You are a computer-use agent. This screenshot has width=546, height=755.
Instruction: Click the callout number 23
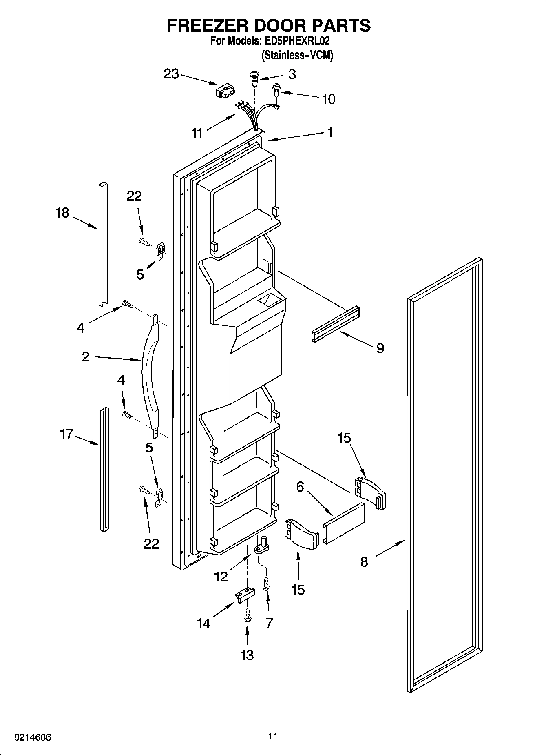click(171, 74)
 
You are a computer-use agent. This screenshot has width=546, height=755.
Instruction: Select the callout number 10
click(329, 99)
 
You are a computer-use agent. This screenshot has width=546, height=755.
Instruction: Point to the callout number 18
click(62, 213)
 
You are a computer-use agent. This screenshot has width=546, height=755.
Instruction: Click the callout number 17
click(66, 434)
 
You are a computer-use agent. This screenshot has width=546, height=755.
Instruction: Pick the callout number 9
click(380, 348)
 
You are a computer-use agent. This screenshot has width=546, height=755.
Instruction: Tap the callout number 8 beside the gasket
click(364, 562)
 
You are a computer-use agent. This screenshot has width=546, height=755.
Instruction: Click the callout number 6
click(300, 487)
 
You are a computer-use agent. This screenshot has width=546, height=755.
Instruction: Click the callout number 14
click(203, 624)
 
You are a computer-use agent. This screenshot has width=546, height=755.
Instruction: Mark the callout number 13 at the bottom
click(247, 655)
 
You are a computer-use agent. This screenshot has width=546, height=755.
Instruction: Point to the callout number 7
click(269, 623)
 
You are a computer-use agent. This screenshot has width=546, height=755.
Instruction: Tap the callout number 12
click(221, 577)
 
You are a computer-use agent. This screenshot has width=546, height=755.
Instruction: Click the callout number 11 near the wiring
click(197, 134)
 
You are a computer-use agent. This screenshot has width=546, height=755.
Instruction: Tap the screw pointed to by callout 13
click(247, 616)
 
